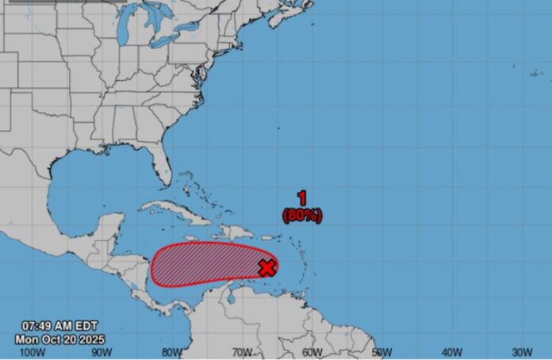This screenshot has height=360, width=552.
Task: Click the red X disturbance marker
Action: point(267,267)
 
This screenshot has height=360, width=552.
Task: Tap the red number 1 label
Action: point(302,198)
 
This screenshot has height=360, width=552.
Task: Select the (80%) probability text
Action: point(302,214)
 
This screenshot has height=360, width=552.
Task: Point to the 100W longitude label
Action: point(32,352)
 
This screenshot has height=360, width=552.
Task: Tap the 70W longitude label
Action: point(242,352)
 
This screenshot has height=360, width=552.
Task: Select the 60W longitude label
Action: point(312,352)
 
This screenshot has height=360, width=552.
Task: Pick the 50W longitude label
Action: point(382,352)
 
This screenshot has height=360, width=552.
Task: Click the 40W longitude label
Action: point(452,352)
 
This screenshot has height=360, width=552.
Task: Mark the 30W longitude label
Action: point(522,352)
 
